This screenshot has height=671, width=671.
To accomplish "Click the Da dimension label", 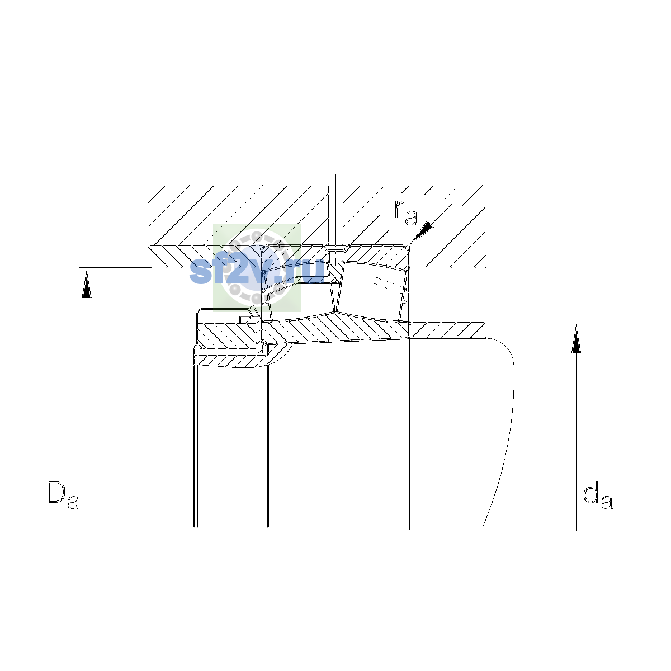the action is pos(63,495).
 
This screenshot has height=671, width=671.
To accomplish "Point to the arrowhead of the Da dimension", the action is pos(87,284).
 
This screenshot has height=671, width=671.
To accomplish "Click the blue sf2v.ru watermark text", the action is pos(257,271).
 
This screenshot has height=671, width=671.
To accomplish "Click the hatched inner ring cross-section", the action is pos(336,329).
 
